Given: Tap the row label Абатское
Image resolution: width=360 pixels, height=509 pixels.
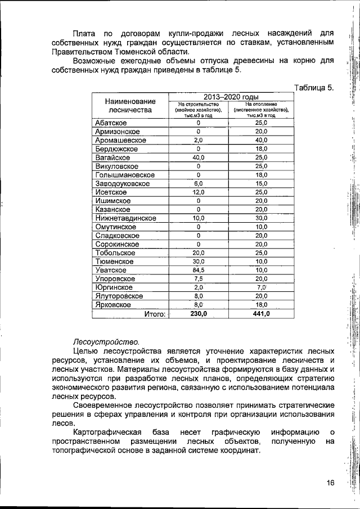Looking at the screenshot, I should click(x=111, y=123).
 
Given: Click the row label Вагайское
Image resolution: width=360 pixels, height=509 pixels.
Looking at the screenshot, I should click(x=113, y=157).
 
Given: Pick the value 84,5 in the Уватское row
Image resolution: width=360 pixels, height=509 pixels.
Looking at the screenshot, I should click(x=198, y=270).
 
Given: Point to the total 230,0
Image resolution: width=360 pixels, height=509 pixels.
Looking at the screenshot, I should click(x=198, y=314).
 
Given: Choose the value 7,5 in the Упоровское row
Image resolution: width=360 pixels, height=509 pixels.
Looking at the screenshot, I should click(x=198, y=278).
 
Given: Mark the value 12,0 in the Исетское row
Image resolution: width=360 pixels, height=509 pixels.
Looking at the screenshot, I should click(x=198, y=192).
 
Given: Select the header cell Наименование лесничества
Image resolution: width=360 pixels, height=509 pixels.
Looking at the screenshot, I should click(x=130, y=105).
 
